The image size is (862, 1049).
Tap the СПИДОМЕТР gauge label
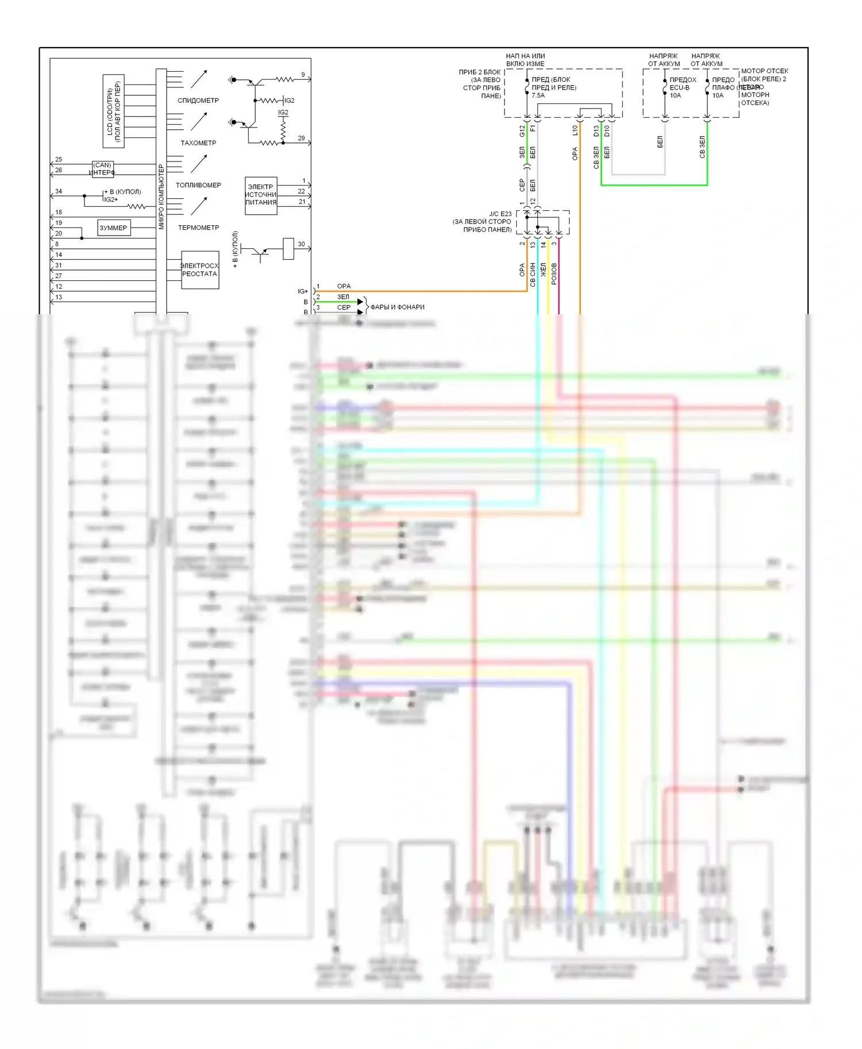pyautogui.click(x=198, y=101)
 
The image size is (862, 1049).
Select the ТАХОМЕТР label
pyautogui.click(x=198, y=143)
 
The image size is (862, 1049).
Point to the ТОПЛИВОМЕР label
pyautogui.click(x=198, y=185)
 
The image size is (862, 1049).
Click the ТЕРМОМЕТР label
pyautogui.click(x=198, y=227)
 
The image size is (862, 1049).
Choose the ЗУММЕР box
pyautogui.click(x=113, y=228)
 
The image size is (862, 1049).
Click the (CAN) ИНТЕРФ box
pyautogui.click(x=102, y=169)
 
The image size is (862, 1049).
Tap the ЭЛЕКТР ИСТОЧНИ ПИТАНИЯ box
pyautogui.click(x=261, y=195)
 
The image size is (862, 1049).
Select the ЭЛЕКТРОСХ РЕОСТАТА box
pyautogui.click(x=199, y=270)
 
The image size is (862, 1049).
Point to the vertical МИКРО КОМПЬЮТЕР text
pyautogui.click(x=161, y=197)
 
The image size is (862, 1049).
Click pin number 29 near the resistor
pyautogui.click(x=302, y=138)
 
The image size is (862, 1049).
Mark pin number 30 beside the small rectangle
pyautogui.click(x=301, y=244)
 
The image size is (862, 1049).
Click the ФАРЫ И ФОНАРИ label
pyautogui.click(x=397, y=307)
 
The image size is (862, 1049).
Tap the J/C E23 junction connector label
pyautogui.click(x=500, y=214)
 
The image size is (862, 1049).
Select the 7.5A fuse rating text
pyautogui.click(x=538, y=95)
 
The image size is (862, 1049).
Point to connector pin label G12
pyautogui.click(x=522, y=131)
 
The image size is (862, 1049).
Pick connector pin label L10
pyautogui.click(x=575, y=131)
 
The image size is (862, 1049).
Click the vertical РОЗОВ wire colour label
pyautogui.click(x=554, y=273)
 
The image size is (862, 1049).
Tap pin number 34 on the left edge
pyautogui.click(x=59, y=191)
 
